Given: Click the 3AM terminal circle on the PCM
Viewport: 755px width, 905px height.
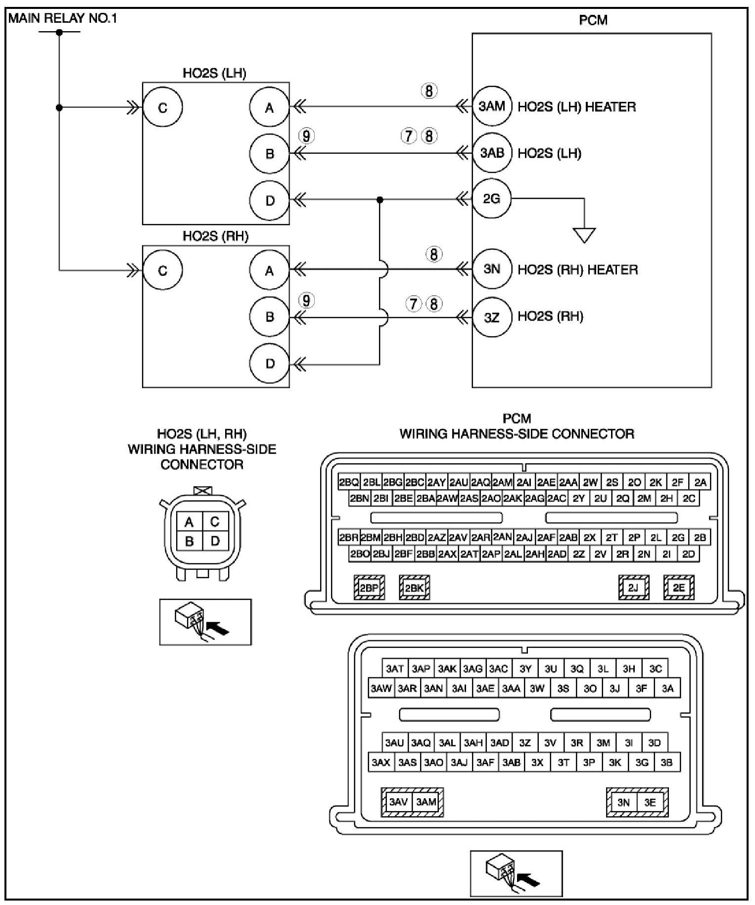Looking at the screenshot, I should pos(492,106).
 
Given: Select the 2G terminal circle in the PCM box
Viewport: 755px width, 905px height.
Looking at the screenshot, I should pos(492,199).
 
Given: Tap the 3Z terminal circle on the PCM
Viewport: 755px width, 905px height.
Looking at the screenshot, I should pos(492,317).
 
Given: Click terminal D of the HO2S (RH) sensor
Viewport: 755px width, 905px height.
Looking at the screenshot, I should pos(270,363).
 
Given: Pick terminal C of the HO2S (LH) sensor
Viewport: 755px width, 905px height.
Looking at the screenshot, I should pos(163,107).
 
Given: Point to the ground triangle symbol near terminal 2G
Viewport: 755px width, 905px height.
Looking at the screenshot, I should pos(584,234).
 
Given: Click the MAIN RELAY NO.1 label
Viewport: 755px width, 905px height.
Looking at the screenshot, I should pos(63,19).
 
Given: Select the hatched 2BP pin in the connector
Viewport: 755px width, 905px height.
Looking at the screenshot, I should pos(369,588).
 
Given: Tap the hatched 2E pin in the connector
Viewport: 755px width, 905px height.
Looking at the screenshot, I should pos(679,588).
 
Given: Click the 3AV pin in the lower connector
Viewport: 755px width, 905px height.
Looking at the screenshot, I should pos(398,802).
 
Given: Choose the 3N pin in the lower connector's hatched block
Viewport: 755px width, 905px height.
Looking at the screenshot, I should pos(623,802).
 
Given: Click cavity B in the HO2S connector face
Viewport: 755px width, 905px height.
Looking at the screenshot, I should pos(189,541).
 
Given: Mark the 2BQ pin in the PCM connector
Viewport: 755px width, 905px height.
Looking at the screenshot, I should pos(349,482).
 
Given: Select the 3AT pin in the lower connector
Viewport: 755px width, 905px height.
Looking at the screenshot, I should pos(395,669).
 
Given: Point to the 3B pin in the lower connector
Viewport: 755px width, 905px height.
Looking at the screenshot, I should pos(666,762).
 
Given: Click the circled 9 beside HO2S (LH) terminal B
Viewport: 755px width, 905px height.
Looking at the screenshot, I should pos(307,136).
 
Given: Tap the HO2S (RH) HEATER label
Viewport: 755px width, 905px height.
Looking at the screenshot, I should pos(577,270).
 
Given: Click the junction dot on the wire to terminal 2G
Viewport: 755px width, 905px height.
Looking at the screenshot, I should pos(379,200).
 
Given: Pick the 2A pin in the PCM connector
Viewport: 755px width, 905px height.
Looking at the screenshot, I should pos(700,482).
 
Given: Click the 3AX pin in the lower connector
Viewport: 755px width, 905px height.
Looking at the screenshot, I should pos(381,762).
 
